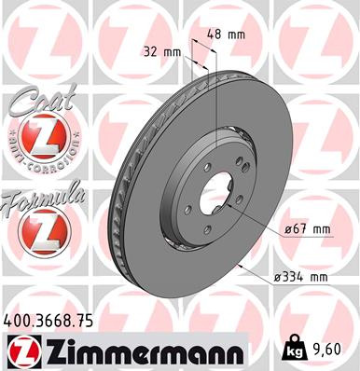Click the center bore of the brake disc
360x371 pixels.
pos(217,192)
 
